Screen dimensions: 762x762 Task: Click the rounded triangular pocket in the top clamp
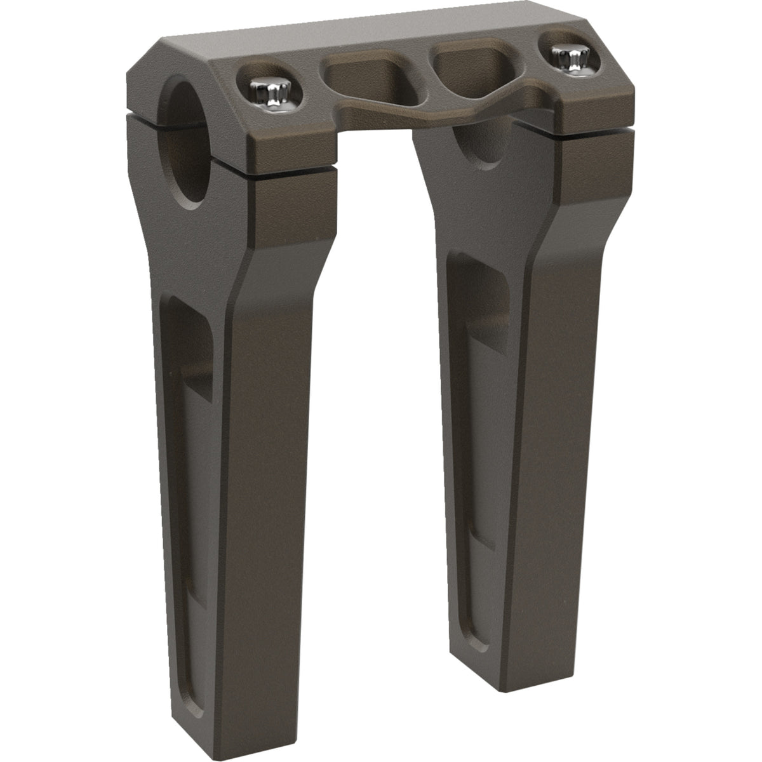point(467,70)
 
